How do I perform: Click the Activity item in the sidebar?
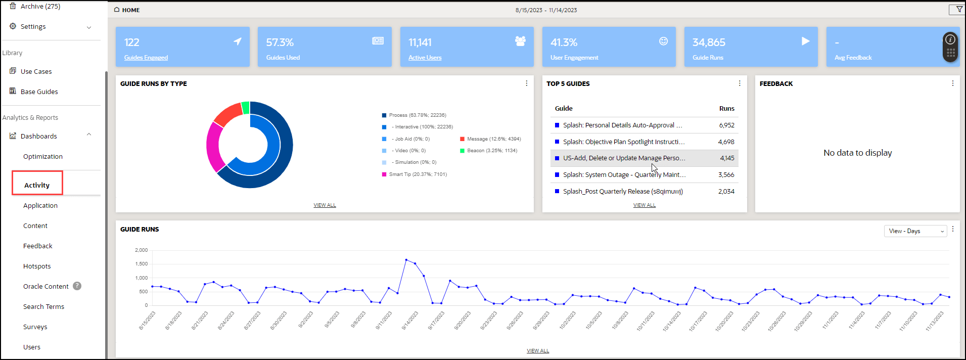37,185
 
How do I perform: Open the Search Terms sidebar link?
43,306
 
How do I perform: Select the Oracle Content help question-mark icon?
77,286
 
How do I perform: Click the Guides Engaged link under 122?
146,58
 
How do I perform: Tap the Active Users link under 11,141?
425,58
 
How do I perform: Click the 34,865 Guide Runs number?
709,42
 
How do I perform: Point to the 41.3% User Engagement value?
564,42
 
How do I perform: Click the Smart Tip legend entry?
418,174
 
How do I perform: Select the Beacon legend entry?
492,151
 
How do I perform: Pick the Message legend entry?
493,139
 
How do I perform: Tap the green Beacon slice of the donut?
246,107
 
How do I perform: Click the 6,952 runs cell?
726,125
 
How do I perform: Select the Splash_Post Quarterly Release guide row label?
623,192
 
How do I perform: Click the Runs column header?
726,109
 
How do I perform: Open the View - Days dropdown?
915,231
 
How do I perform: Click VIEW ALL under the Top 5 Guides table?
645,205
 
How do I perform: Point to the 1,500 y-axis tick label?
142,264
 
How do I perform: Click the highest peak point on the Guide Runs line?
406,260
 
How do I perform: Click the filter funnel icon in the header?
959,10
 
